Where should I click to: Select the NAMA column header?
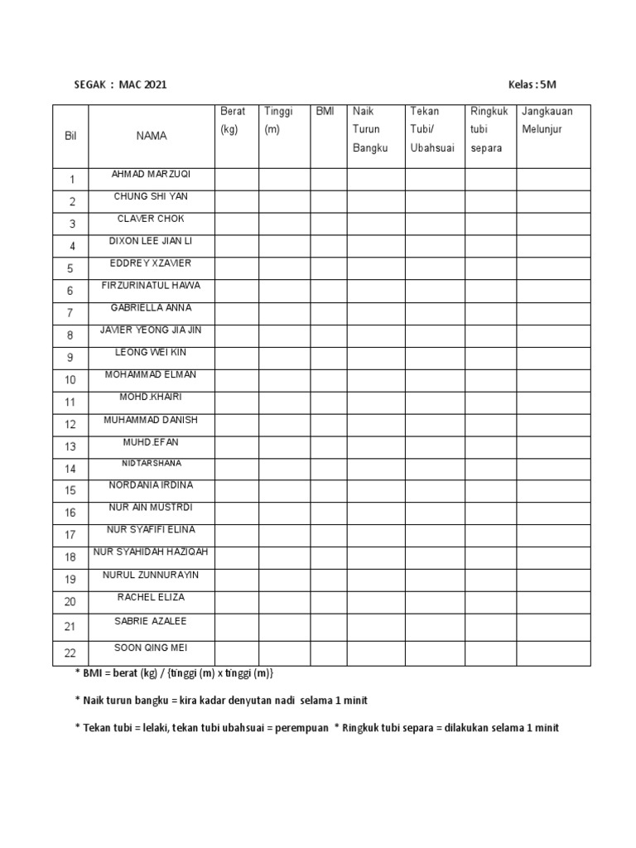pos(152,135)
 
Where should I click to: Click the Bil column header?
pos(70,135)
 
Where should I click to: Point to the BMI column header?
pos(325,111)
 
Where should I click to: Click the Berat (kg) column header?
pos(229,120)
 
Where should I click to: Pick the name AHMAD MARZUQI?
pos(152,174)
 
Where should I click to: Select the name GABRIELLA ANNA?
pos(152,307)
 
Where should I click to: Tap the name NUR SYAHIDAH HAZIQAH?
pos(152,552)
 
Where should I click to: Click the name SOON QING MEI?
pos(152,648)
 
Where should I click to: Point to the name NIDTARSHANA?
pos(152,464)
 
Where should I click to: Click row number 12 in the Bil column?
pos(70,425)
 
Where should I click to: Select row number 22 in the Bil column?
pos(70,653)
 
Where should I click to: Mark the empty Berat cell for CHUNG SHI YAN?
pos(236,202)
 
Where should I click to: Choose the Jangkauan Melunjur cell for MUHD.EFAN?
pos(553,447)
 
